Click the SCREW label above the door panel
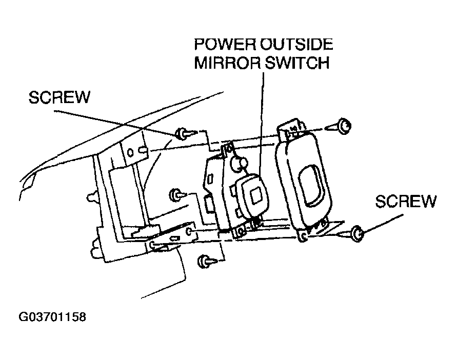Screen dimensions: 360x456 coord(60,97)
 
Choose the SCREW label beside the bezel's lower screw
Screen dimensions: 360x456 coord(406,201)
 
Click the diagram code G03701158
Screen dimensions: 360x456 coord(52,317)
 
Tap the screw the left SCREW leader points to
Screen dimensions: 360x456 coord(182,134)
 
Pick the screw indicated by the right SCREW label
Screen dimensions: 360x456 coord(358,234)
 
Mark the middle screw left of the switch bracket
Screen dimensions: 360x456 coord(175,194)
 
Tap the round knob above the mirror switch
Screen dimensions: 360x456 coord(239,164)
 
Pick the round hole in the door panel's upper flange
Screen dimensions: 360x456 coord(132,152)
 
